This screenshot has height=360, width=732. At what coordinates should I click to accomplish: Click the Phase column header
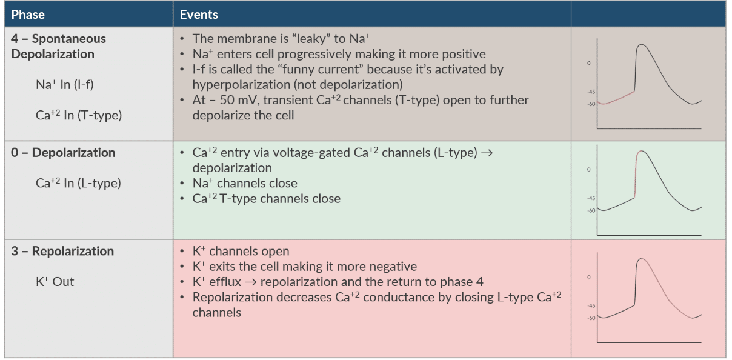tap(28, 14)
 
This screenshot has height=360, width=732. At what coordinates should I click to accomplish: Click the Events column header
tap(199, 14)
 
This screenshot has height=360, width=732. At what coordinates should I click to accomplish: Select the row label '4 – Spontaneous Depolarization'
tap(58, 46)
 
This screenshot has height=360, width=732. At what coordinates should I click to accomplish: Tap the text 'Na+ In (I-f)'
tap(65, 85)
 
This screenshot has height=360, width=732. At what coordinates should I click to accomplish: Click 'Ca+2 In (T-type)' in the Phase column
tap(79, 115)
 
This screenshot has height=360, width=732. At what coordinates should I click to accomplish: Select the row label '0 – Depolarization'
tap(63, 153)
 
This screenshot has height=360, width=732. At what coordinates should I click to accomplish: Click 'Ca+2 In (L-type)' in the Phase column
tap(78, 183)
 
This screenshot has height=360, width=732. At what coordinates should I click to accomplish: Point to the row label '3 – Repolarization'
tap(62, 251)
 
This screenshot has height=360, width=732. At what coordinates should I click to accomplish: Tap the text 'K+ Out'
tap(55, 281)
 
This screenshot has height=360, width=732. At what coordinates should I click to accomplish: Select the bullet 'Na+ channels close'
tap(245, 183)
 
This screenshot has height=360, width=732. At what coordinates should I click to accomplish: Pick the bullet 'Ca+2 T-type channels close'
tap(267, 199)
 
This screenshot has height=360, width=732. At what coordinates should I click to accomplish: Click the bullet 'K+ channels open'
tap(241, 251)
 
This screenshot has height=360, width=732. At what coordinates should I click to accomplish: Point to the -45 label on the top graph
tap(591, 92)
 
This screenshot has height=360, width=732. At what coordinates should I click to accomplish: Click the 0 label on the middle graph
tap(588, 170)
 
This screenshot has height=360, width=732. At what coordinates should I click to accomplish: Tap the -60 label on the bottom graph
tap(591, 318)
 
